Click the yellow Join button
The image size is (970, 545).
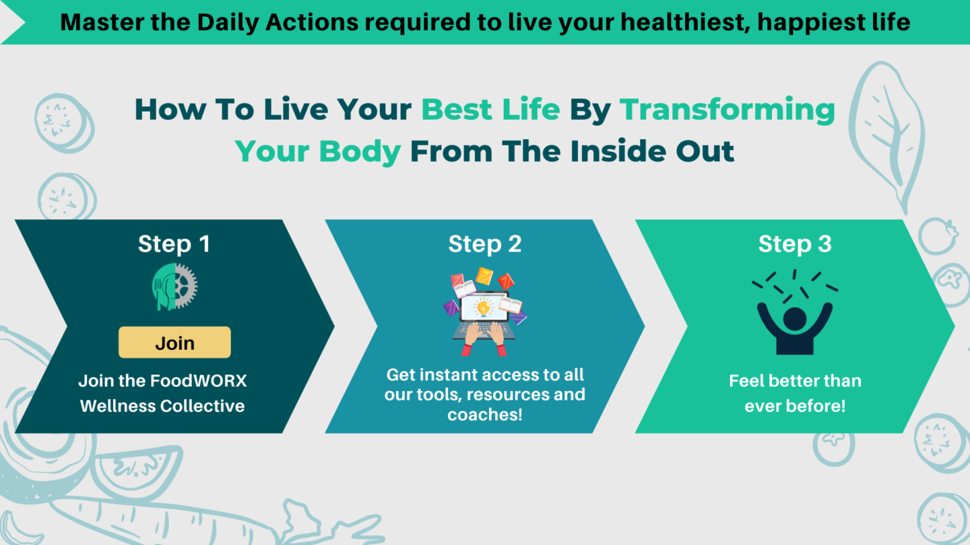click(x=174, y=342)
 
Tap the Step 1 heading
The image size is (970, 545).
click(x=174, y=244)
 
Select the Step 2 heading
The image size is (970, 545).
click(x=484, y=244)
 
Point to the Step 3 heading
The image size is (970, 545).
click(x=795, y=244)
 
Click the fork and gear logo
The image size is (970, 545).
click(x=174, y=287)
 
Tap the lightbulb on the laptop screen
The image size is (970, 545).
click(x=483, y=308)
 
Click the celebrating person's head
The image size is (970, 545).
click(x=795, y=319)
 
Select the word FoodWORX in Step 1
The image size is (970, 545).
click(x=198, y=381)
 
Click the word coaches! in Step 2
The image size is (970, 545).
click(x=484, y=414)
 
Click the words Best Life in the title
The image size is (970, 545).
click(x=490, y=109)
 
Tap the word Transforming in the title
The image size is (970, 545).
click(x=727, y=110)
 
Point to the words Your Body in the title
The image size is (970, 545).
click(x=318, y=152)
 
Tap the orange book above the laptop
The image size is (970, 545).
click(x=484, y=276)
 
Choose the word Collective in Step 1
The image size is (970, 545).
click(x=202, y=406)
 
